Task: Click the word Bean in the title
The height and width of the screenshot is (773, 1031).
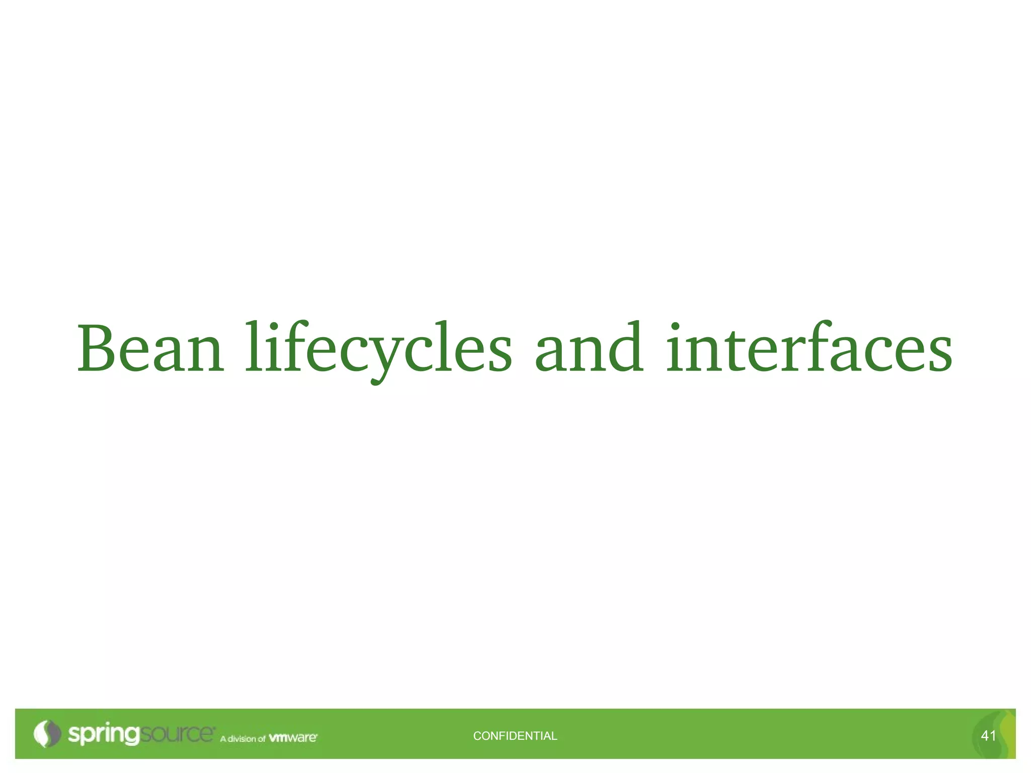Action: (150, 348)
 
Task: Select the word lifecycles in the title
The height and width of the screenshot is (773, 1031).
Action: (379, 348)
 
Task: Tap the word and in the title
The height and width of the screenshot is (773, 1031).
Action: (589, 348)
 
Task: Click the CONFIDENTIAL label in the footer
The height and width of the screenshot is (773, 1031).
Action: (515, 736)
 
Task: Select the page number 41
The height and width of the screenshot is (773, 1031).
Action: (988, 736)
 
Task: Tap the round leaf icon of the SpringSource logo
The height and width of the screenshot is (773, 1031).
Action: (46, 734)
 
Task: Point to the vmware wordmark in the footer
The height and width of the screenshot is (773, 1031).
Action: (293, 738)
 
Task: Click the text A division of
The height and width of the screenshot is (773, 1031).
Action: (242, 739)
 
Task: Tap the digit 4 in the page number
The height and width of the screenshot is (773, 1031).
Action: (985, 736)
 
